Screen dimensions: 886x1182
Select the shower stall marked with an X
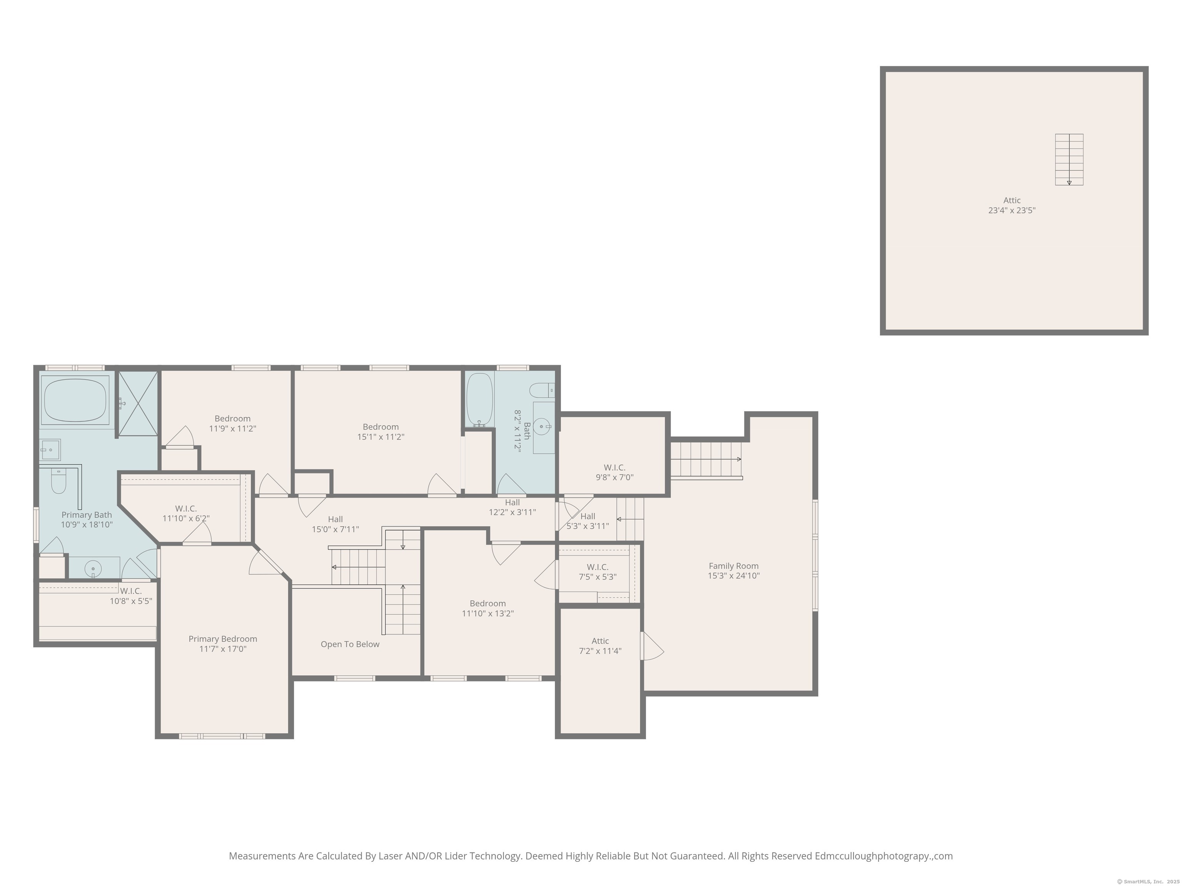pyautogui.click(x=138, y=404)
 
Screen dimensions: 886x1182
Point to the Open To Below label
pyautogui.click(x=350, y=644)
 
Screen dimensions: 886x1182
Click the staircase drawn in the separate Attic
pyautogui.click(x=1069, y=159)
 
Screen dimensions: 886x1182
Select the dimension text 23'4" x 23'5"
pyautogui.click(x=1012, y=210)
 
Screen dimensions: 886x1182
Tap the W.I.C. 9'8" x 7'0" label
pyautogui.click(x=614, y=472)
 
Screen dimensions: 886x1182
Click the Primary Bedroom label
pyautogui.click(x=223, y=643)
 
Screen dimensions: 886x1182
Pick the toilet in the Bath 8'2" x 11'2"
pyautogui.click(x=542, y=390)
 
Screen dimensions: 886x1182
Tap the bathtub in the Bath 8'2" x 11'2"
pyautogui.click(x=479, y=398)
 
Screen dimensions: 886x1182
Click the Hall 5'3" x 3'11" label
pyautogui.click(x=588, y=521)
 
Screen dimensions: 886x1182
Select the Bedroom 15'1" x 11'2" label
pyautogui.click(x=381, y=431)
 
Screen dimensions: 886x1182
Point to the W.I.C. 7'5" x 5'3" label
pyautogui.click(x=598, y=571)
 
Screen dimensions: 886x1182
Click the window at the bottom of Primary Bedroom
pyautogui.click(x=222, y=736)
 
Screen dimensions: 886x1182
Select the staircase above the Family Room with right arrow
pyautogui.click(x=706, y=460)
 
